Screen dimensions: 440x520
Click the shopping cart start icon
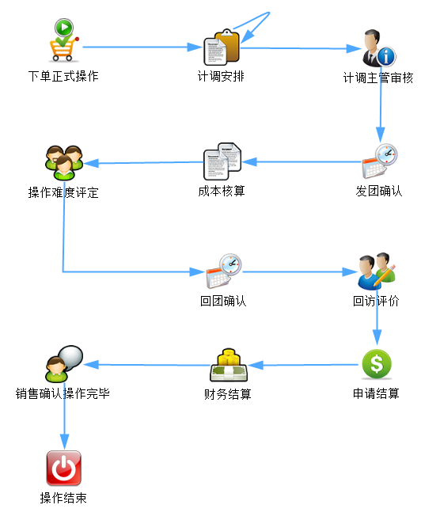[x=64, y=40]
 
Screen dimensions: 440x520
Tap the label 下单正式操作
[x=63, y=76]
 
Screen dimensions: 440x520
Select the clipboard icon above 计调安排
[x=222, y=47]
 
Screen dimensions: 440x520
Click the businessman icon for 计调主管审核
[x=379, y=48]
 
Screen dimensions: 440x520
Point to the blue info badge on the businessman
[x=386, y=56]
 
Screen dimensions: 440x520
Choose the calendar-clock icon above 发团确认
[x=380, y=161]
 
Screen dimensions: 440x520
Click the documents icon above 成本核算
[x=222, y=161]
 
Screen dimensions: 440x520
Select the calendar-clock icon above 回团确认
[x=224, y=271]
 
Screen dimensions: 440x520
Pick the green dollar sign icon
[x=377, y=364]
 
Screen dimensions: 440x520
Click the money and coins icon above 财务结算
[x=229, y=365]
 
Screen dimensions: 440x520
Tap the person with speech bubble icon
[x=64, y=363]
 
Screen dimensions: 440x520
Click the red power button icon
[x=63, y=468]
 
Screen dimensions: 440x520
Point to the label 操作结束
[x=63, y=498]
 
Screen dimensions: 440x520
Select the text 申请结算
[x=376, y=393]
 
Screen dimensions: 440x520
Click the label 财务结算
[x=228, y=394]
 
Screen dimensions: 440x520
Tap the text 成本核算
[x=222, y=191]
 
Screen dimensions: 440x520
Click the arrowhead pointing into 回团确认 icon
[x=198, y=272]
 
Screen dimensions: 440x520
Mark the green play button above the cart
[x=64, y=27]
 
